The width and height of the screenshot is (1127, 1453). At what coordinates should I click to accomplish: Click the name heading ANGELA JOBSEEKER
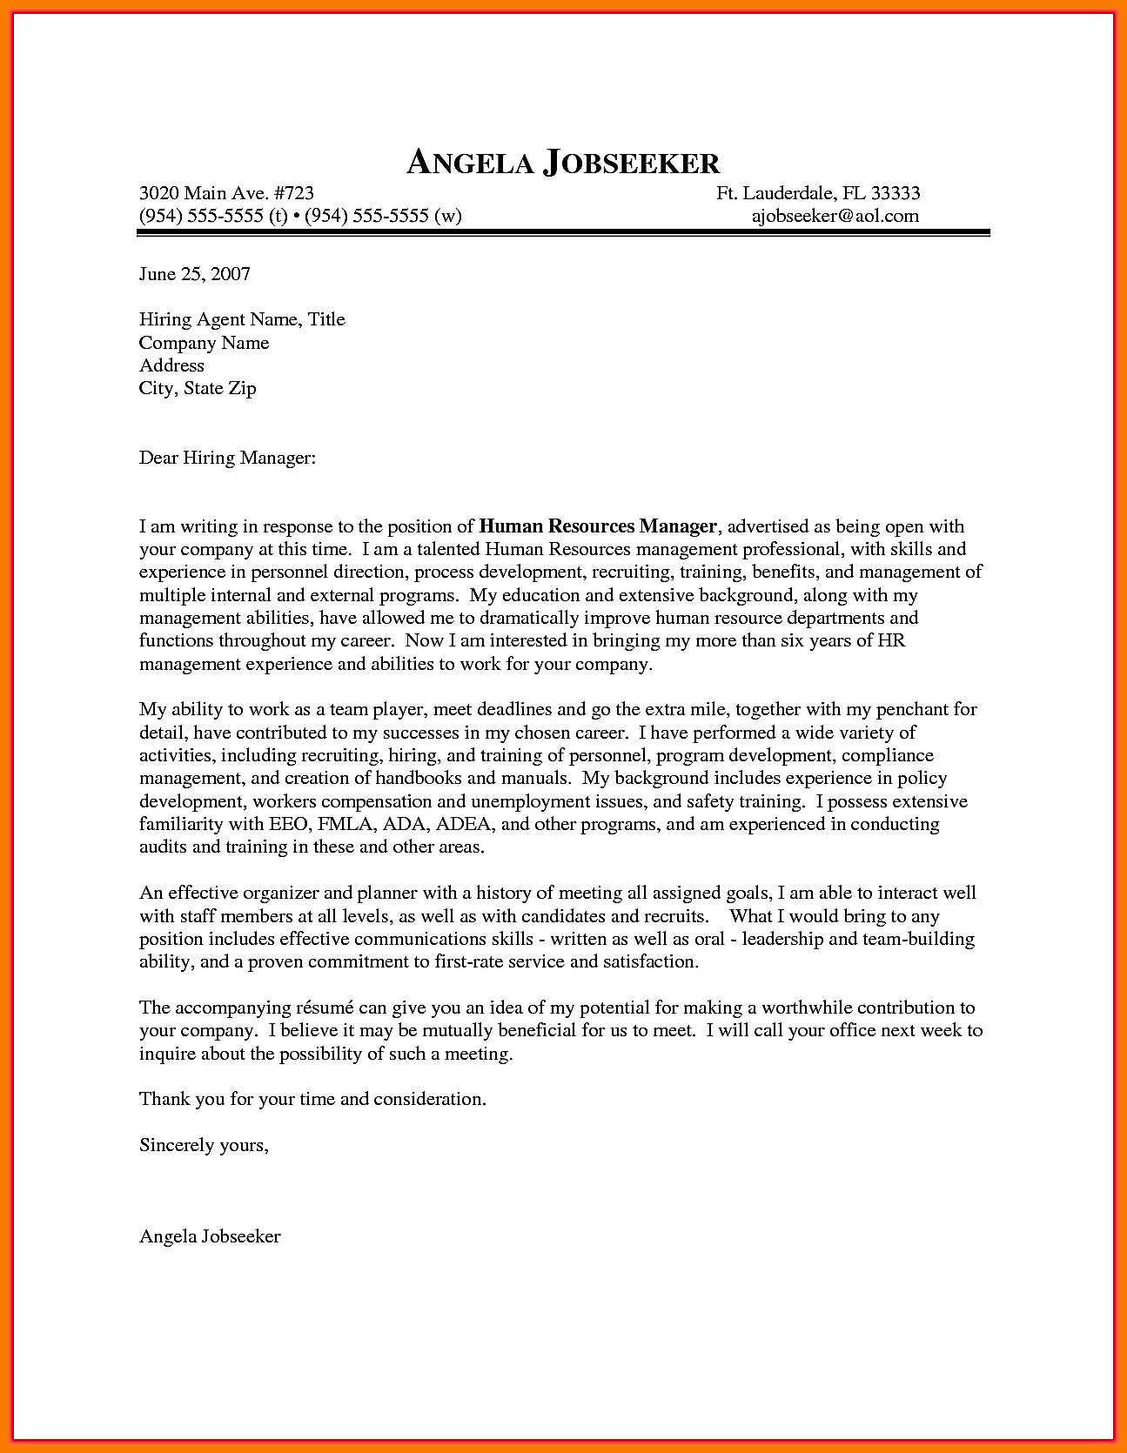[x=563, y=163]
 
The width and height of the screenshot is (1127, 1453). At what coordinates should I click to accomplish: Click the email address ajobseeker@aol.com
[x=835, y=216]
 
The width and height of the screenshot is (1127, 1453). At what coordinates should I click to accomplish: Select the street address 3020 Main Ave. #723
[x=226, y=193]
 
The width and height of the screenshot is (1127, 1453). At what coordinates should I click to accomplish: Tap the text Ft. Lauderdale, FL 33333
[x=818, y=193]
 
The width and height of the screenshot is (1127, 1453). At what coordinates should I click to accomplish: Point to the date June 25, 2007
[x=195, y=274]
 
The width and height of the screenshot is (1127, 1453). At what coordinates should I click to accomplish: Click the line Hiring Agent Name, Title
[x=242, y=319]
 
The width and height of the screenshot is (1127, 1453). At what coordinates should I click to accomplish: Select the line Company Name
[x=204, y=343]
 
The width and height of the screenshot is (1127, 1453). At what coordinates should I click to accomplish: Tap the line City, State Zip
[x=198, y=388]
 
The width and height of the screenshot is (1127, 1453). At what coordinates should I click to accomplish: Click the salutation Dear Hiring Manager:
[x=227, y=458]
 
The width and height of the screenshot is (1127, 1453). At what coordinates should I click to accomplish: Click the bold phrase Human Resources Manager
[x=598, y=526]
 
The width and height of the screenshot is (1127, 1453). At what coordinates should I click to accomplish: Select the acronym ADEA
[x=465, y=824]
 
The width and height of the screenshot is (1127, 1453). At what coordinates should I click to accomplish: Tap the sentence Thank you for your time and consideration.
[x=312, y=1099]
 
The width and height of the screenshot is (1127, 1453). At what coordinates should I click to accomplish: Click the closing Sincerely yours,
[x=204, y=1145]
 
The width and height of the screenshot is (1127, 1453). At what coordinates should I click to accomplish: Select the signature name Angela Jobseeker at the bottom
[x=210, y=1236]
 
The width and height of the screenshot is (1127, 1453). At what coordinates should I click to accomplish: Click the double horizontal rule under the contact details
[x=564, y=233]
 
